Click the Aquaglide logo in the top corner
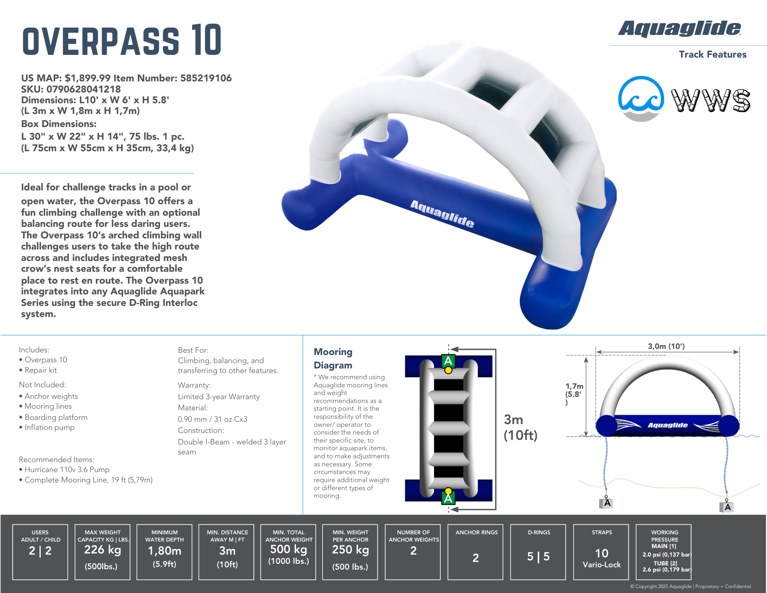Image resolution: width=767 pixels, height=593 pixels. click(680, 29)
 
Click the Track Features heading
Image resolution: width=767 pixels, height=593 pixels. click(713, 55)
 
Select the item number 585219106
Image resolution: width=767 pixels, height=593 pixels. click(206, 78)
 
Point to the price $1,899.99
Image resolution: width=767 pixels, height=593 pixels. click(88, 78)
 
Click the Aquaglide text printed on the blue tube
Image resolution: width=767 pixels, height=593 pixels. click(442, 213)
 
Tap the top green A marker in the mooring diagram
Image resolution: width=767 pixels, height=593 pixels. click(448, 361)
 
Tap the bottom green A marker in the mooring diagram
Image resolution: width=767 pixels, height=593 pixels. click(448, 498)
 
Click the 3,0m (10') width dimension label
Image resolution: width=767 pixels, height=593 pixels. click(666, 346)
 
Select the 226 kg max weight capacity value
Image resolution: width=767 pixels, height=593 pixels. click(102, 550)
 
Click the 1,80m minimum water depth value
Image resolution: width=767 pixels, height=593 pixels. click(165, 551)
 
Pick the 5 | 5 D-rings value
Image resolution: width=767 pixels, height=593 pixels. click(538, 557)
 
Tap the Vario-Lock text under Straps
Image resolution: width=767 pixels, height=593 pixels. click(602, 565)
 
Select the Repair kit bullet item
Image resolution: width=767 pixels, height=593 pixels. click(38, 370)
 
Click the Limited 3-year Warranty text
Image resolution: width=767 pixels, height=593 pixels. click(219, 396)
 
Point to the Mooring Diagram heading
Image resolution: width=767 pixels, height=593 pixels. click(333, 358)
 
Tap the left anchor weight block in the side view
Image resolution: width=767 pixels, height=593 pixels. click(606, 503)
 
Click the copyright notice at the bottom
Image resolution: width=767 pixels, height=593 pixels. click(690, 586)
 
